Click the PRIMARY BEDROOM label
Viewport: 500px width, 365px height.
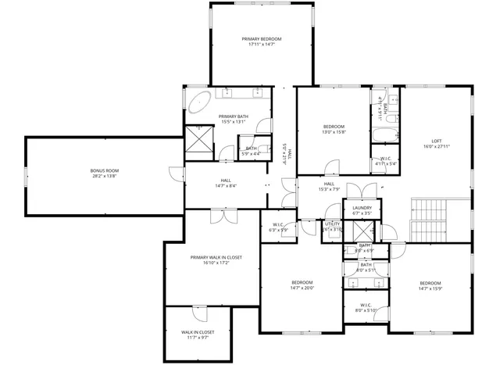pos(261,38)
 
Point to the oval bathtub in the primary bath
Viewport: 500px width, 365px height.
pos(201,102)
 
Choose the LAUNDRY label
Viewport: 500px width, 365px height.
pos(362,207)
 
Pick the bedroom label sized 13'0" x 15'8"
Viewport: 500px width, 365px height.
pos(334,127)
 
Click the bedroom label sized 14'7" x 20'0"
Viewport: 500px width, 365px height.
pos(302,282)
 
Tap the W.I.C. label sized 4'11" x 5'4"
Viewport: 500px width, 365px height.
pos(386,159)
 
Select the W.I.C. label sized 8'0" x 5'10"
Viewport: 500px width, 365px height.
pos(365,305)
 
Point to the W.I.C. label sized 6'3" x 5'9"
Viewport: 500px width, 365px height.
pos(278,225)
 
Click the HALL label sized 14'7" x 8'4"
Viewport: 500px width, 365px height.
pos(225,181)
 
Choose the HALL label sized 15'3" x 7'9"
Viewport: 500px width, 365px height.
pos(329,184)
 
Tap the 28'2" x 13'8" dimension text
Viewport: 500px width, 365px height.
pos(104,176)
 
